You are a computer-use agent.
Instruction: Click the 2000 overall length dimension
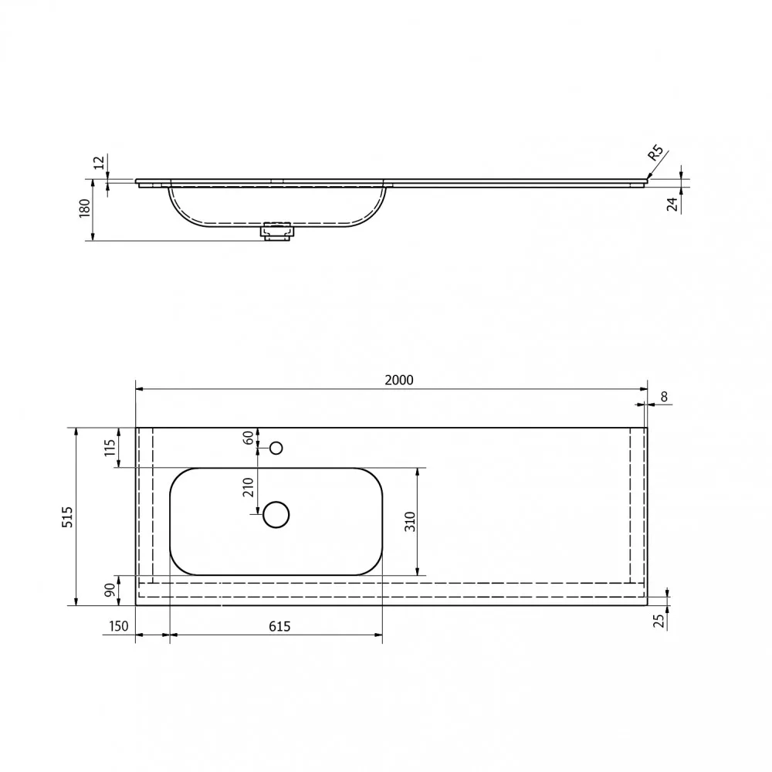399,380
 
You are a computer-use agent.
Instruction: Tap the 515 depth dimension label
67,517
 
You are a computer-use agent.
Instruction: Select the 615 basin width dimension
279,626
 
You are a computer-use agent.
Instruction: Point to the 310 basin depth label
410,521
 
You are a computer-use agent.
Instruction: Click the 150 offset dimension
118,626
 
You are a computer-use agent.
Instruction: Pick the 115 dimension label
110,448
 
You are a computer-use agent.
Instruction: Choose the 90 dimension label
110,589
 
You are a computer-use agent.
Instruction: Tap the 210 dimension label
248,487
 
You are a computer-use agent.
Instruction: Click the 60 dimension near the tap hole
249,437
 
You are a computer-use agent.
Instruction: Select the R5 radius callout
655,153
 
